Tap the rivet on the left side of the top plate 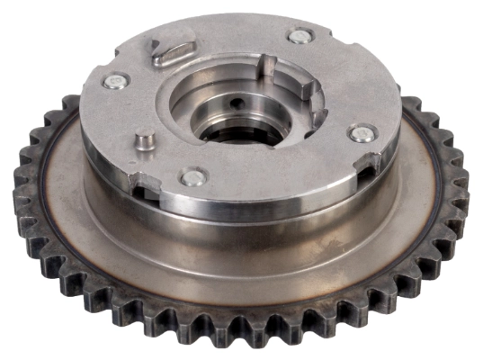pos(114,82)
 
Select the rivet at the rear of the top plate pos(299,36)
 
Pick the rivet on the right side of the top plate pos(360,133)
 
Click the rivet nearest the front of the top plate pos(192,177)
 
